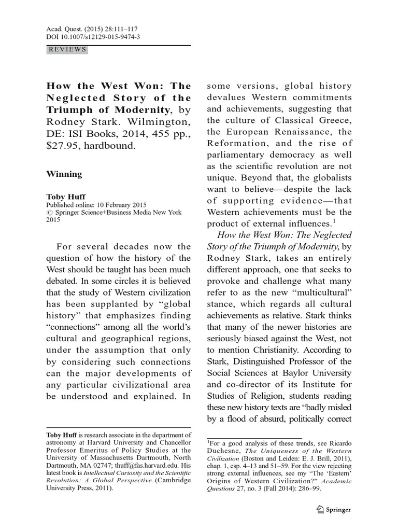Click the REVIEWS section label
(x=67, y=50)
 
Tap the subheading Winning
(x=64, y=174)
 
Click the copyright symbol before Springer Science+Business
(x=49, y=212)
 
